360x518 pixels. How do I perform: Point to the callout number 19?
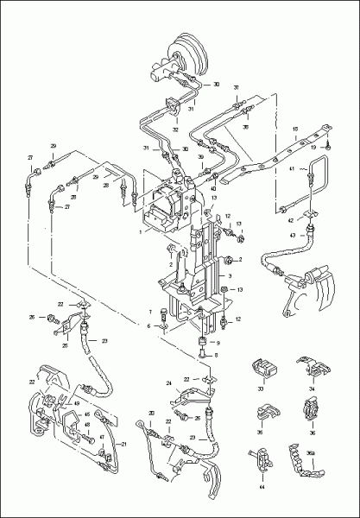338,148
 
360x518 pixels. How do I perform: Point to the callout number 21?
123,444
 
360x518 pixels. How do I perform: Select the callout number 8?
217,355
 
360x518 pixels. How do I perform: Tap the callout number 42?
292,221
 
